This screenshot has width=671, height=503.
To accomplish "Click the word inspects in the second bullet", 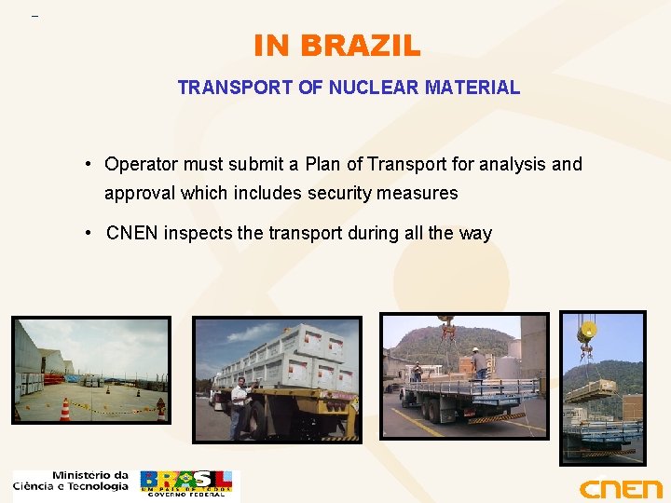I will coord(198,233).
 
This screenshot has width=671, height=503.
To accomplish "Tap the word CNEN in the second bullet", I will coord(132,233).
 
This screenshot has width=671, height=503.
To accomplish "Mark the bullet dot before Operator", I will coord(86,165).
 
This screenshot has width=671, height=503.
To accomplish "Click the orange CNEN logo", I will coord(620,488).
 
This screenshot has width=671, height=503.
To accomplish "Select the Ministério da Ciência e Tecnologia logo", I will coord(71,481).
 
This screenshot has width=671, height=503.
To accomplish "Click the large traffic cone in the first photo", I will coord(65,409).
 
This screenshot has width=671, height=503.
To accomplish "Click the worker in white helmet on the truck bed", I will coord(478,362).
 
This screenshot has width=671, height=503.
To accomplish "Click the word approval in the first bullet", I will coord(140,194).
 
